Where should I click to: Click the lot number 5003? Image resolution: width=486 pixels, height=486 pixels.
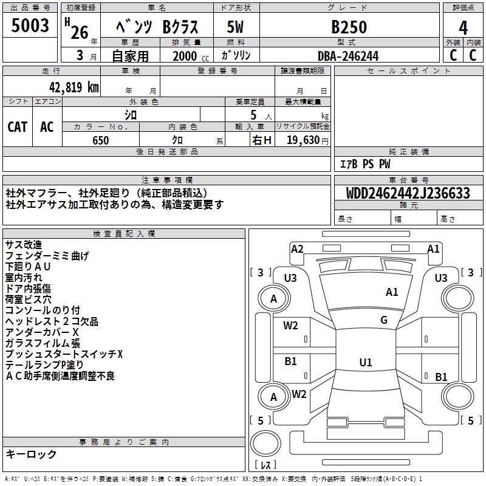pos(30,26)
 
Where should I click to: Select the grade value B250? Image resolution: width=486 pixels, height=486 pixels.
pos(349,27)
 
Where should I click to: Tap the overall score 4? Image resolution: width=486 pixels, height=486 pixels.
pos(464,28)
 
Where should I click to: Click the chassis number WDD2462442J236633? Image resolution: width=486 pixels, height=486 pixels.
pos(408,193)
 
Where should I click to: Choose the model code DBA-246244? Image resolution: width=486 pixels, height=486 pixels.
pos(348,56)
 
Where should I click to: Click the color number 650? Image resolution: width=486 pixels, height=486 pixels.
pos(100,140)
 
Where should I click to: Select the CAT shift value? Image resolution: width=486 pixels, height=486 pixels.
pos(18,126)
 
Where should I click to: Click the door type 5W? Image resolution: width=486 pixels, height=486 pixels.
pos(235,27)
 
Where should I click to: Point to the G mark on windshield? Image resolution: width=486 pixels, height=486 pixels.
pos(384,320)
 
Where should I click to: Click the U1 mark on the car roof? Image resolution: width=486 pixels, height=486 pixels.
pos(365,362)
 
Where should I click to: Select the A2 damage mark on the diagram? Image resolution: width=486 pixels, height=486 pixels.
pos(297,248)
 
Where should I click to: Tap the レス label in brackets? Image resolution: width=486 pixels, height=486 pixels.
pos(265,465)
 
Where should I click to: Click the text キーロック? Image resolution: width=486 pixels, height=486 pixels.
pos(31,454)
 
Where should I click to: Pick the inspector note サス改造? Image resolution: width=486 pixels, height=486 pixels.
pos(24,245)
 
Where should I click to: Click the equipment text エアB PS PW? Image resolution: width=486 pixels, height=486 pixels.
pos(364,164)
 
